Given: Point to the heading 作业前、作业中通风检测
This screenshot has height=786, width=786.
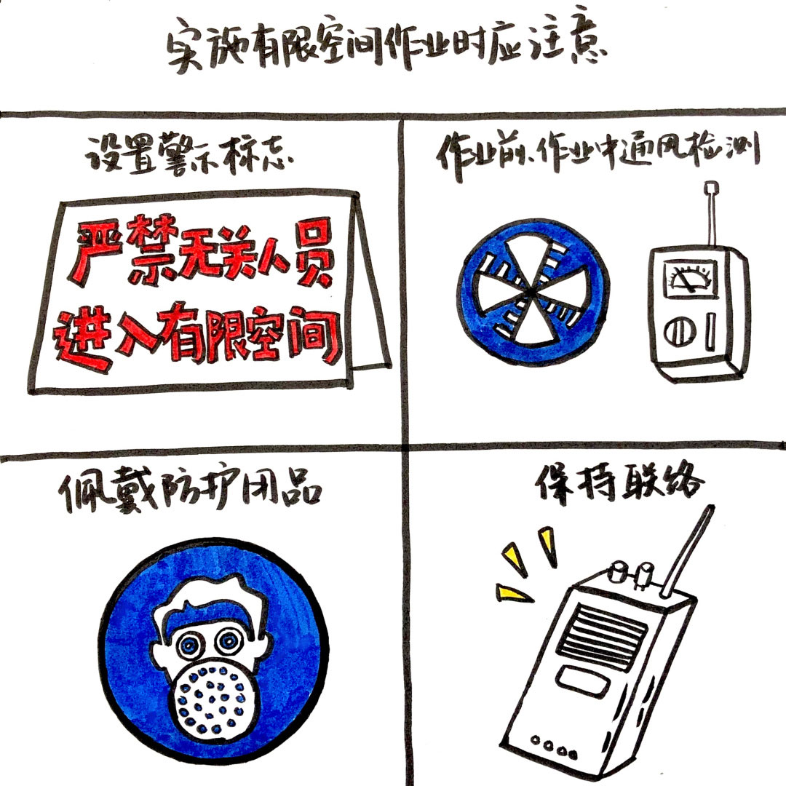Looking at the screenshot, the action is click(598, 154).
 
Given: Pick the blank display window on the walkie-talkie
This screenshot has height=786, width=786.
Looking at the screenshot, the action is click(583, 682).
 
